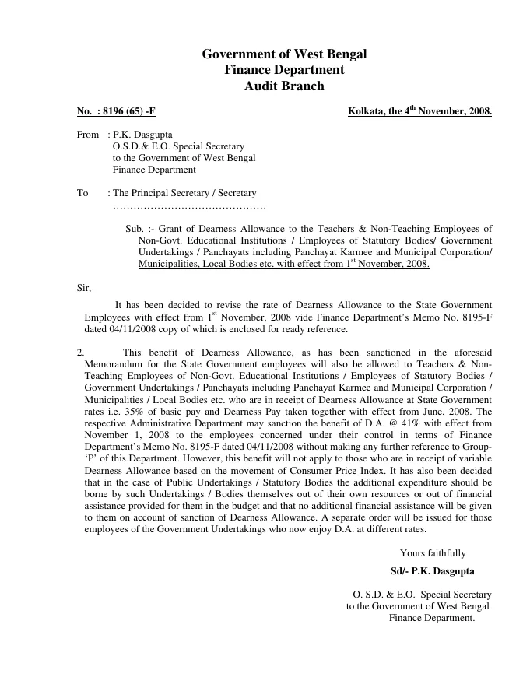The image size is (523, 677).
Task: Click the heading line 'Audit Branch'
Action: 284,86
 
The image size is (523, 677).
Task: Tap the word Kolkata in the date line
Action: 366,111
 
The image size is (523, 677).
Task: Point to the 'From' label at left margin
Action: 88,135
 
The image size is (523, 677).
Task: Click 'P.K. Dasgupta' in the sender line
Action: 142,135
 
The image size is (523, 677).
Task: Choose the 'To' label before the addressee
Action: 82,193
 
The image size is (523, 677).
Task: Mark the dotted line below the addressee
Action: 189,206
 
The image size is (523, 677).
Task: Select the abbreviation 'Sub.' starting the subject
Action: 135,229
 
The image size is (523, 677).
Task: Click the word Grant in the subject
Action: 174,229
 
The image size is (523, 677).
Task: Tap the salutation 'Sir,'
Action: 84,288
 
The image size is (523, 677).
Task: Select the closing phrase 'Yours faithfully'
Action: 433,553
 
